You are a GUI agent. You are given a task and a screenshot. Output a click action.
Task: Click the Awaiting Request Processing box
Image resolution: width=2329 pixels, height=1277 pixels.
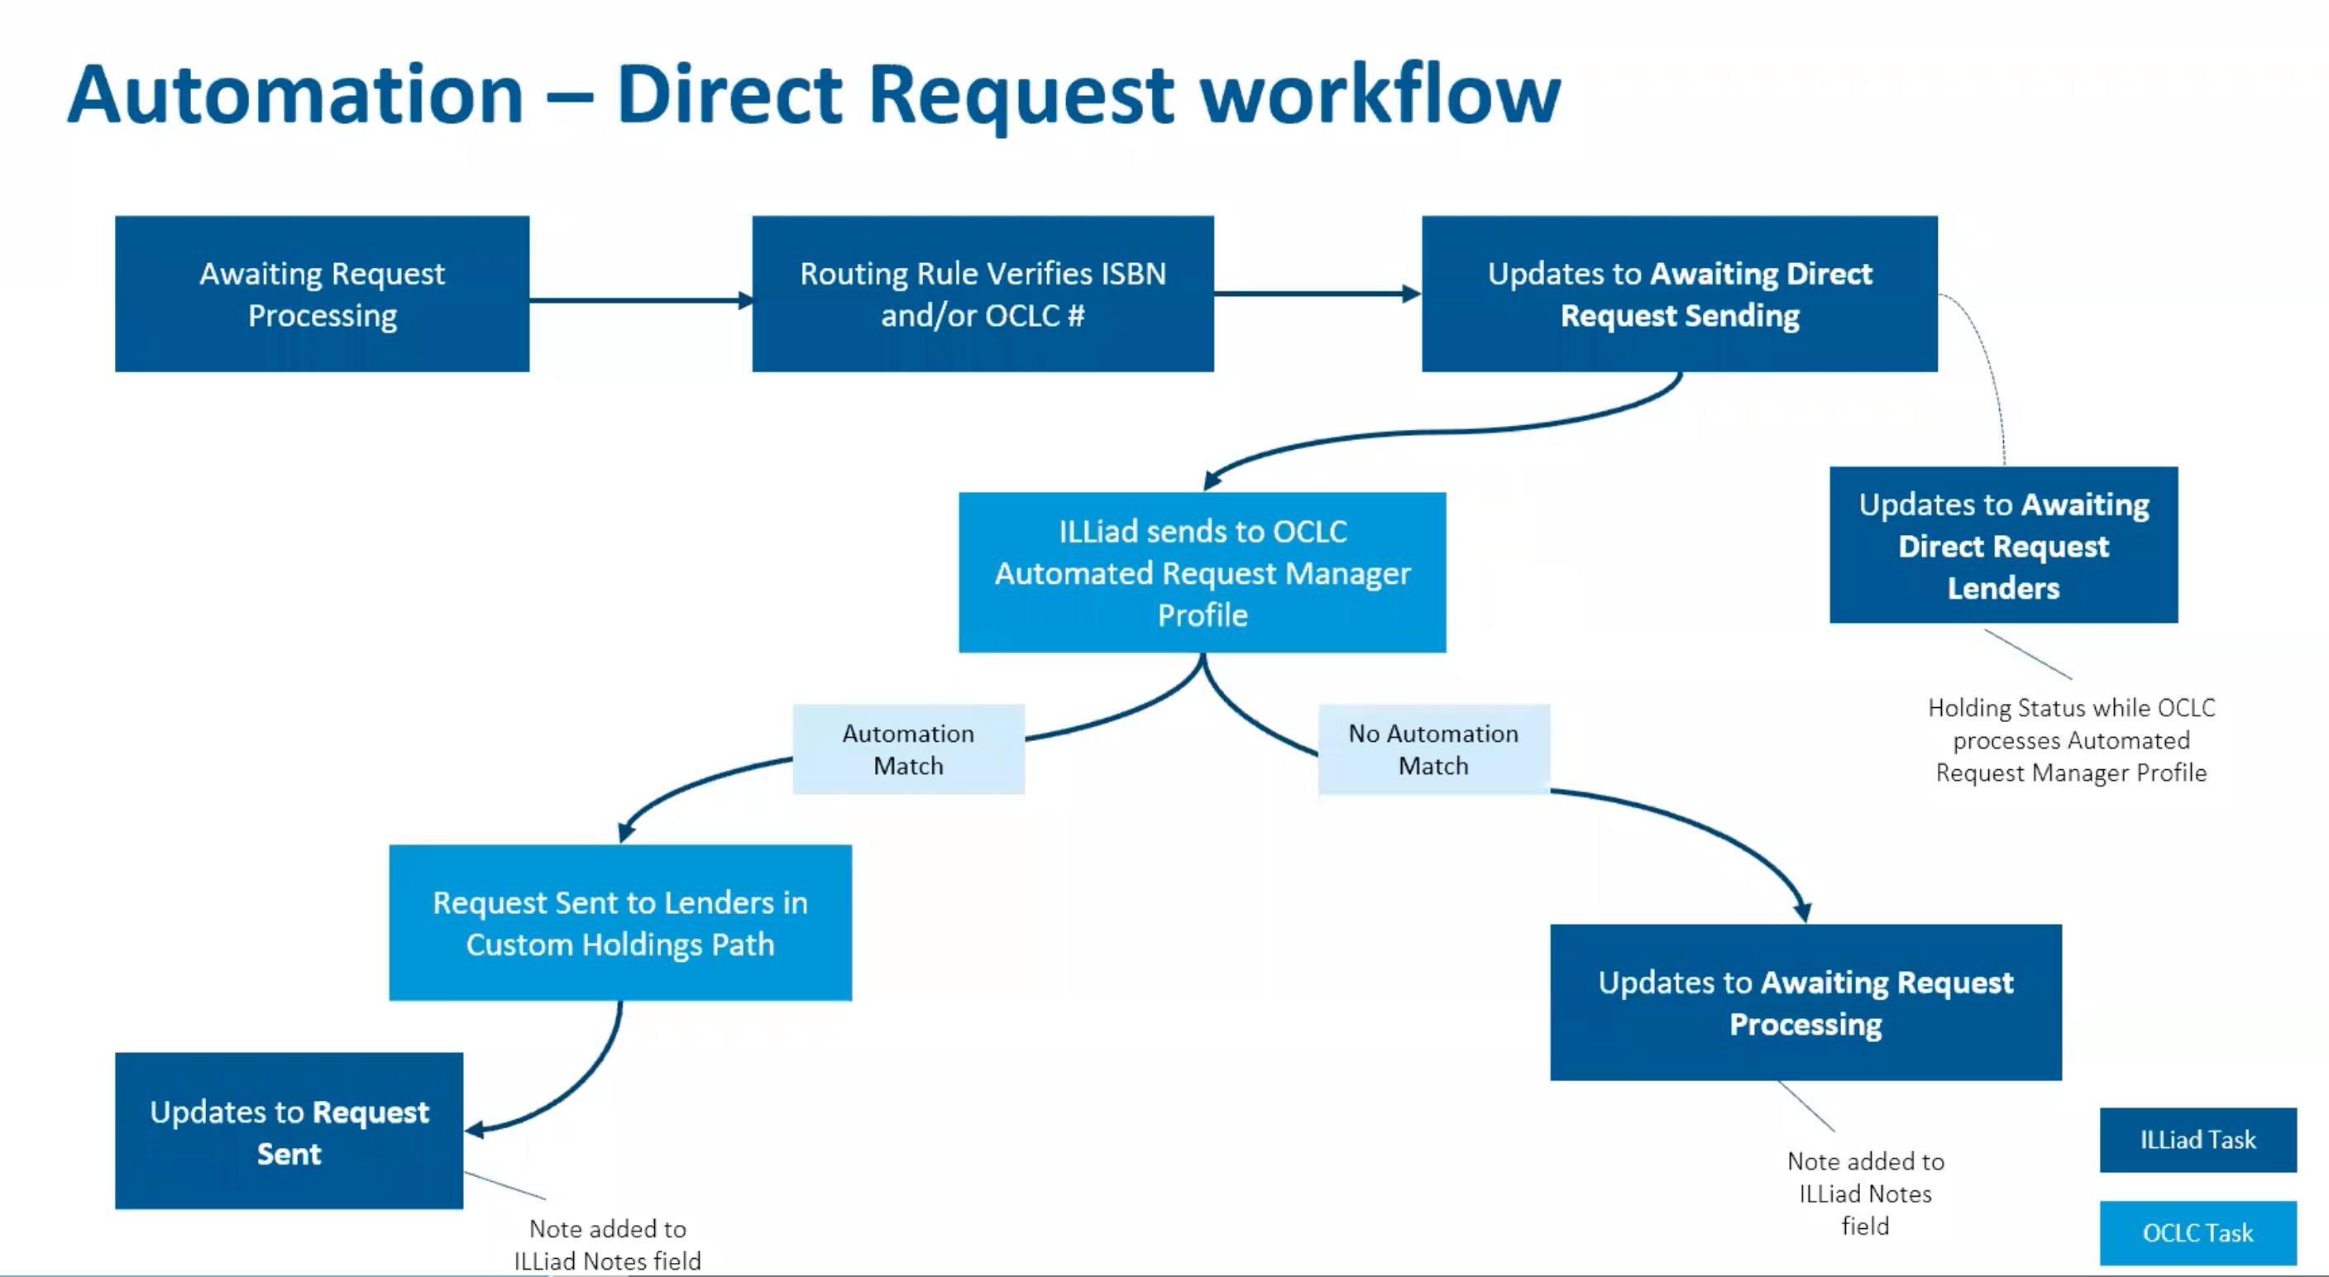click(322, 294)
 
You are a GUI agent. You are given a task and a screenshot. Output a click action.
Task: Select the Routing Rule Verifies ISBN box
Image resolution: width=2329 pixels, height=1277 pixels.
click(983, 294)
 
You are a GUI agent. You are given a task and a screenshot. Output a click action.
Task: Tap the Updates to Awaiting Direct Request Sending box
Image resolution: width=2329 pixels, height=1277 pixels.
click(1679, 294)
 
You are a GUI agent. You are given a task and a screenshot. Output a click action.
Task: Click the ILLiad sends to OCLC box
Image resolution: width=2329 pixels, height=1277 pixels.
click(1202, 572)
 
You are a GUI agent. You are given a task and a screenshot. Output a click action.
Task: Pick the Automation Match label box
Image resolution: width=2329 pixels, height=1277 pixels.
click(909, 749)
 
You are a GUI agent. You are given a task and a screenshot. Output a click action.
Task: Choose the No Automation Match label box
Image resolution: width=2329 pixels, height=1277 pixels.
click(1433, 749)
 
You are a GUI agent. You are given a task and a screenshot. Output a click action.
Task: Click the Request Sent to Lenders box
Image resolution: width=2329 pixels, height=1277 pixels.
click(620, 922)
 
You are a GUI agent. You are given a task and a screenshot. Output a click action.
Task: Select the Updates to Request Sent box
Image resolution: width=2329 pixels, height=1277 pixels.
click(289, 1131)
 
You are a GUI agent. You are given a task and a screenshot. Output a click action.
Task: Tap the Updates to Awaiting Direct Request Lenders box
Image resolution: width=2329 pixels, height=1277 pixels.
click(2002, 545)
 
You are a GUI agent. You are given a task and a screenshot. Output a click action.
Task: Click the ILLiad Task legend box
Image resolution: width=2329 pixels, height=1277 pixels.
click(2197, 1140)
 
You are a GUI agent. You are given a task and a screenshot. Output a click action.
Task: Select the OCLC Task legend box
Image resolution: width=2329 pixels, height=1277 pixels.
click(2197, 1232)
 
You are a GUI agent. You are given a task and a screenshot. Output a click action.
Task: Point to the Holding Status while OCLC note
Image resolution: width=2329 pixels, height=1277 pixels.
click(2070, 739)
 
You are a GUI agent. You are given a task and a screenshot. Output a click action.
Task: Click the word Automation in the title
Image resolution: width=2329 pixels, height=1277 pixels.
click(295, 95)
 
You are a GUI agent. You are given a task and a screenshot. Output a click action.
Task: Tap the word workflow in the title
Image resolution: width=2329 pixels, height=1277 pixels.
click(1380, 95)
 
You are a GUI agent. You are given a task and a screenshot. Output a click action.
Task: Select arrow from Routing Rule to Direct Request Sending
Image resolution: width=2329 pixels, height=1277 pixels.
click(1316, 293)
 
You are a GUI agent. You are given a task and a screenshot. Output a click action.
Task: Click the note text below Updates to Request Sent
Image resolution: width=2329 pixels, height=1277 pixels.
click(608, 1245)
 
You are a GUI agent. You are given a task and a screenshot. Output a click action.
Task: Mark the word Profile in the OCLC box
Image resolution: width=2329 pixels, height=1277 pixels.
click(1203, 615)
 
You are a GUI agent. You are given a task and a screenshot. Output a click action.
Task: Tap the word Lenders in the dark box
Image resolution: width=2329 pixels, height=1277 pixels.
click(2002, 588)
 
